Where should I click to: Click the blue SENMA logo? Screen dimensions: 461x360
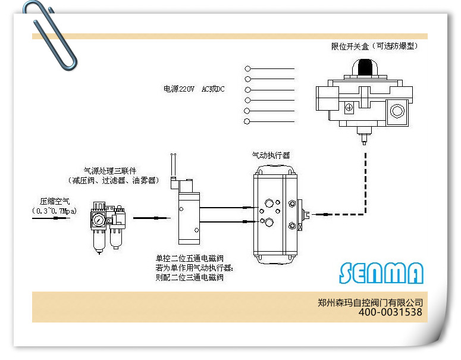point(381,273)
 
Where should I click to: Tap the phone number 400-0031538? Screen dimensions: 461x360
point(390,312)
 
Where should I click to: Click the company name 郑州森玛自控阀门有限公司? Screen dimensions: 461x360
point(370,302)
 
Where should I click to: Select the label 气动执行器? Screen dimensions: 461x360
point(271,155)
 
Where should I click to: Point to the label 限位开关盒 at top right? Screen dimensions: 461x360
point(350,46)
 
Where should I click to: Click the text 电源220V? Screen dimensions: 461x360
point(179,89)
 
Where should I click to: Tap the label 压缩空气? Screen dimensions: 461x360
point(55,202)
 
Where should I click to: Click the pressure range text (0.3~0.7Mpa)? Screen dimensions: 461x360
point(54,211)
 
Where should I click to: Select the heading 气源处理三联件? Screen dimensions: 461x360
point(110,171)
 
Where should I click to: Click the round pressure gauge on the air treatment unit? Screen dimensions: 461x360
point(99,220)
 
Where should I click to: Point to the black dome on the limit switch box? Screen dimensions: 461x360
point(365,67)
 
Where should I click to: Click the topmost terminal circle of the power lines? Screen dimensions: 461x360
point(247,68)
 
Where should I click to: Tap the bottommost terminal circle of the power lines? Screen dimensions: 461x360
point(247,121)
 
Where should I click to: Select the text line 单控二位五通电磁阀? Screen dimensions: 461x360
point(190,258)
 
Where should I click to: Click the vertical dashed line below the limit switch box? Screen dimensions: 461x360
point(365,183)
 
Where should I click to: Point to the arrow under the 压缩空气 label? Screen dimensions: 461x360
point(51,218)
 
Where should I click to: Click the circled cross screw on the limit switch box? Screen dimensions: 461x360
point(349,107)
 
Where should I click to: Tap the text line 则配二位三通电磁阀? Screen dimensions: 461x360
point(190,277)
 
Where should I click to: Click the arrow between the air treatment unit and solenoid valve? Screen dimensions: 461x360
point(152,218)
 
